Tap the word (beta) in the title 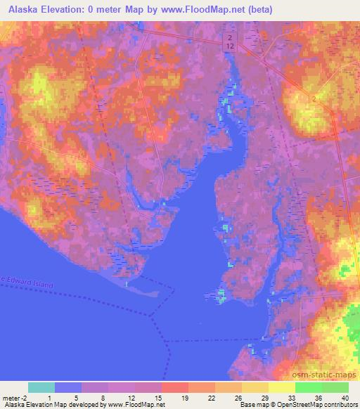[x=259, y=10]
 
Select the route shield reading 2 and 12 [x=230, y=41]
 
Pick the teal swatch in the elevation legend [x=41, y=387]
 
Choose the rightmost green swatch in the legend [x=335, y=387]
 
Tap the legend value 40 [x=345, y=397]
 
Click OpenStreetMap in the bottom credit [x=289, y=405]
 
